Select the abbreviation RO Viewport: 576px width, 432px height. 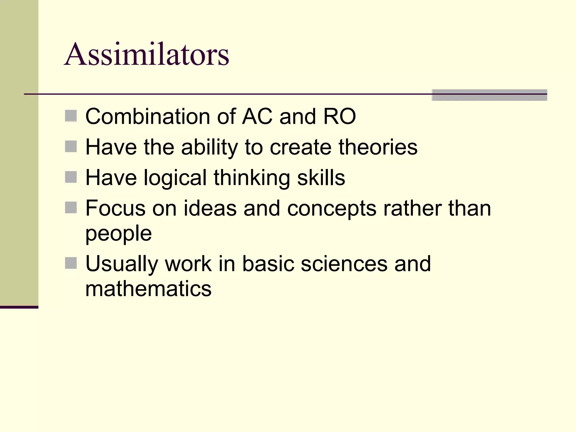point(339,116)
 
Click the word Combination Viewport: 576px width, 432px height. point(148,116)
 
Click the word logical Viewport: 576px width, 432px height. point(175,178)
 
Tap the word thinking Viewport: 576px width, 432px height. point(252,178)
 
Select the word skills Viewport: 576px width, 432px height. point(321,178)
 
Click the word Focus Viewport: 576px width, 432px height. point(115,208)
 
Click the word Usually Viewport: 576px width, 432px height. point(122,264)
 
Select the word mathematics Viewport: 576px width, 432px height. point(148,289)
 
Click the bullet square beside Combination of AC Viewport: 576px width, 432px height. point(71,116)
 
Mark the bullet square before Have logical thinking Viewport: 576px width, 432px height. point(71,177)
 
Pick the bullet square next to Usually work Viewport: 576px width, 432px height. point(71,263)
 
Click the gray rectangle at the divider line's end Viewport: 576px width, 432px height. point(489,95)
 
